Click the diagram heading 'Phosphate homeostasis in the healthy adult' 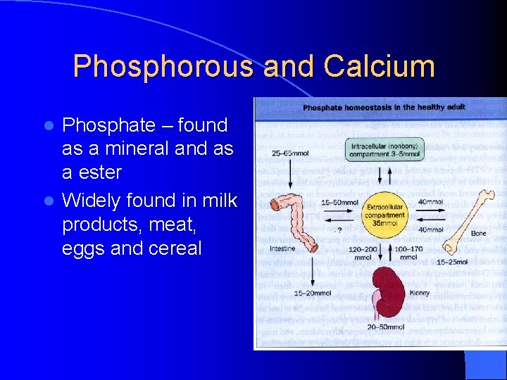(x=384, y=108)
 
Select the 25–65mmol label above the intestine (x=289, y=153)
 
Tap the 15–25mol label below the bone (x=451, y=262)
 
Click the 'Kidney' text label (x=420, y=293)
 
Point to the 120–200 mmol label (x=363, y=253)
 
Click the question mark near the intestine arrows (x=339, y=229)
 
